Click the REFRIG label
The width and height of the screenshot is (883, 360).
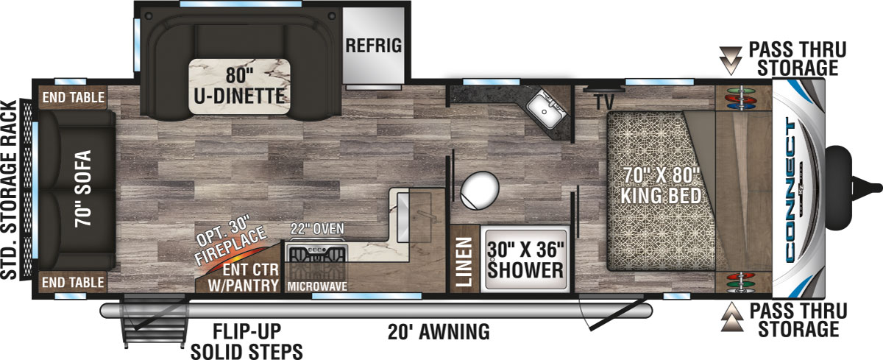coord(373,46)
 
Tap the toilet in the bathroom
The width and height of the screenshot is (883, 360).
coord(479,190)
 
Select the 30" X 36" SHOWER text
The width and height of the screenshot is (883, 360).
coord(525,260)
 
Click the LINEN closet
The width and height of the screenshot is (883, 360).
coord(464,259)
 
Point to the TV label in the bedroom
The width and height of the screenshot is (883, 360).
coord(604,102)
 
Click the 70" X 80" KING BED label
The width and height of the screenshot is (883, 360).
coord(661,186)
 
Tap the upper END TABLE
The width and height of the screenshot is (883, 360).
coord(73,97)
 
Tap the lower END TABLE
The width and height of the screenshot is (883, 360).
coord(73,282)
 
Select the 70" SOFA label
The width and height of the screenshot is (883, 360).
coord(83,188)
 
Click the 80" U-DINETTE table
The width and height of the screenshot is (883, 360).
coord(239,86)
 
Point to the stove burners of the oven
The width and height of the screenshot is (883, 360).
coord(316,253)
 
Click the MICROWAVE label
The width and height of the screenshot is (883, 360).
coord(317,286)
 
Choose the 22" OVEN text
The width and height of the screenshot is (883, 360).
coord(317,229)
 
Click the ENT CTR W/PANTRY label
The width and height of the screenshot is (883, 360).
coord(244,278)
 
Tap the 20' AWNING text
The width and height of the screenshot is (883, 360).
coord(439,331)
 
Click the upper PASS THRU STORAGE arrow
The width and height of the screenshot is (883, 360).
coord(731,60)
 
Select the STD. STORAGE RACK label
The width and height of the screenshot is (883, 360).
coord(9,190)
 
